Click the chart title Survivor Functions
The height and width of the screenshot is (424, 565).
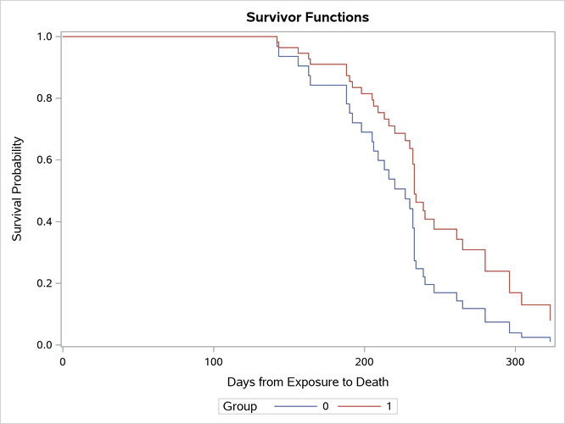click(x=306, y=17)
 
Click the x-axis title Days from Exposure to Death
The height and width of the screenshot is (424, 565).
click(x=306, y=381)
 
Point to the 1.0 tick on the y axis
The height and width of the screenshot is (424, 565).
click(x=45, y=36)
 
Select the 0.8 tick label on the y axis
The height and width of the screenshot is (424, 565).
click(x=45, y=98)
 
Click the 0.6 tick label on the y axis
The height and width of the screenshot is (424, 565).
click(x=45, y=160)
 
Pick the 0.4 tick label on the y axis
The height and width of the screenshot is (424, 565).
click(x=45, y=222)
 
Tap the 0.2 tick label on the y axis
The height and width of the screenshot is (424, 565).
click(x=45, y=283)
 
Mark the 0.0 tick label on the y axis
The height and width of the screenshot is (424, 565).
click(x=45, y=345)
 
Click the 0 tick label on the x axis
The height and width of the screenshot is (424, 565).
click(x=63, y=360)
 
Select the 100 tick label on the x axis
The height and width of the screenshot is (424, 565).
click(x=214, y=360)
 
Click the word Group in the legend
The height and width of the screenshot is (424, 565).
click(x=240, y=407)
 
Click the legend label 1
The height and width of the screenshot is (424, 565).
click(x=389, y=407)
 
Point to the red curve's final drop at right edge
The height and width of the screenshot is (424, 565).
click(x=551, y=312)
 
